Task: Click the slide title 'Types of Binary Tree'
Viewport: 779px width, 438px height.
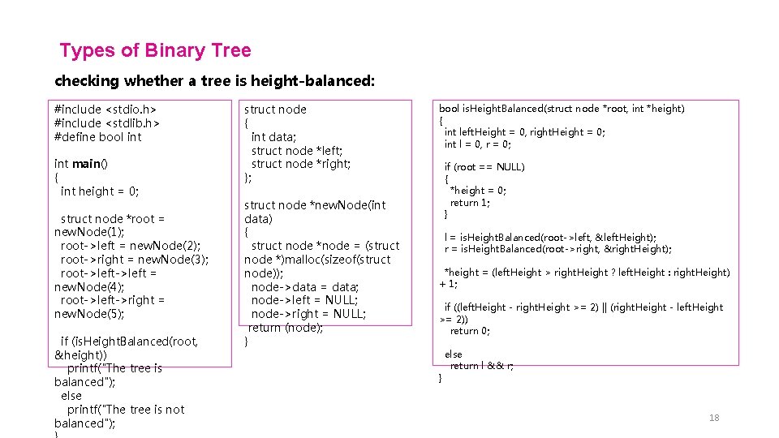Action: coord(155,50)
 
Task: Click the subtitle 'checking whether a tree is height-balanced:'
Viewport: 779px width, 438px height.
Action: coord(214,81)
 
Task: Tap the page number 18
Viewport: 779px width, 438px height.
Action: coord(714,418)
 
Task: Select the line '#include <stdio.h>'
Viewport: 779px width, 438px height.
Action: coord(105,109)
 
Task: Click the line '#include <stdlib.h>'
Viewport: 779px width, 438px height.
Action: coord(106,123)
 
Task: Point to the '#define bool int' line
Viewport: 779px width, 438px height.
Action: coord(97,137)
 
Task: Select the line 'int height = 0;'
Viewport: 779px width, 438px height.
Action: coord(100,191)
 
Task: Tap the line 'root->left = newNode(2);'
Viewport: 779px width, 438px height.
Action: coord(130,246)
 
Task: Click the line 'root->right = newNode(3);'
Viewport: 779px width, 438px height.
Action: coord(134,260)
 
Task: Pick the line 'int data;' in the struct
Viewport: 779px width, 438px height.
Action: coord(273,137)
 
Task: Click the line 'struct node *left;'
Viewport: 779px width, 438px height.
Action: coord(296,151)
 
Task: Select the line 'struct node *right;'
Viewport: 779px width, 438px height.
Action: coord(300,164)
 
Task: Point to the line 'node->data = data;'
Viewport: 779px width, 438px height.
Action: coord(304,287)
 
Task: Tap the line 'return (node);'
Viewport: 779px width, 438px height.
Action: coord(285,328)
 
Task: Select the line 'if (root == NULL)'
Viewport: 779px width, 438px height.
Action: coord(484,167)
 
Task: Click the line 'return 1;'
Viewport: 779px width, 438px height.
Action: coord(470,203)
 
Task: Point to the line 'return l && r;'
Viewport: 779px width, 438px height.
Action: coord(481,366)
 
